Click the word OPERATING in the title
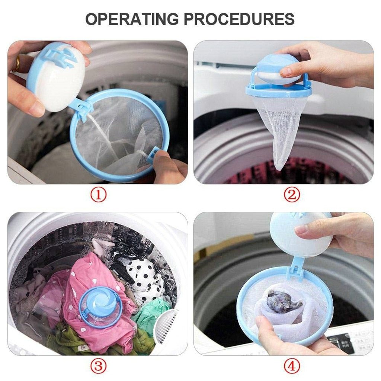[132, 19]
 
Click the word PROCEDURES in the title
[239, 19]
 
